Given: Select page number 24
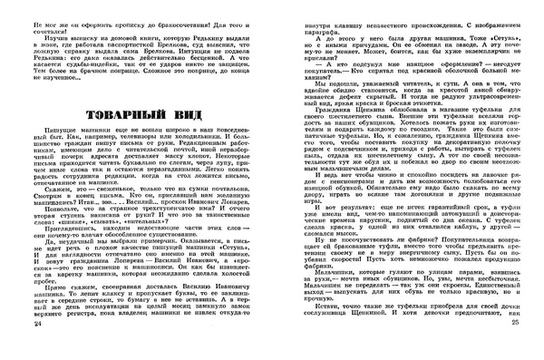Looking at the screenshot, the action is (x=10, y=348).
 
